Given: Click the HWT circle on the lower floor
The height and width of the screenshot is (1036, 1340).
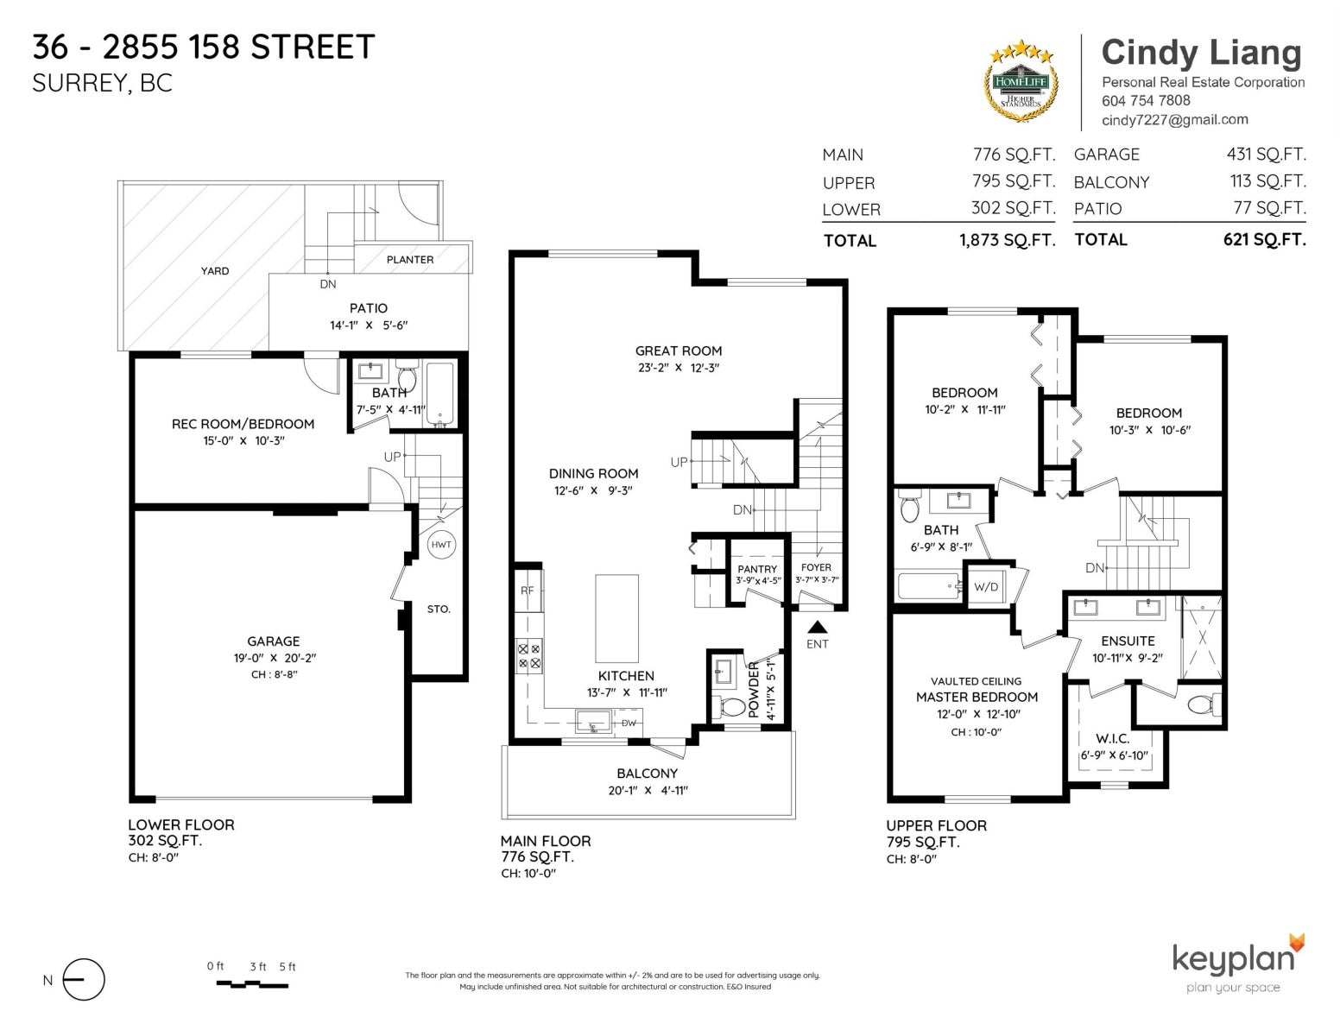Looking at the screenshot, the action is [x=441, y=544].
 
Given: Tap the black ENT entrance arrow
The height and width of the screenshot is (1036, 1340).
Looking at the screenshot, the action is [x=817, y=627].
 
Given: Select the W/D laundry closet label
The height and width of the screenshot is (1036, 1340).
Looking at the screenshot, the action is [x=985, y=587].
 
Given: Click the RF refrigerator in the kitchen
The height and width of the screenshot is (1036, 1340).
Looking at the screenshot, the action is [x=528, y=591].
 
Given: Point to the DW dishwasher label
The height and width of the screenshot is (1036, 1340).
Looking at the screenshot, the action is [x=629, y=723].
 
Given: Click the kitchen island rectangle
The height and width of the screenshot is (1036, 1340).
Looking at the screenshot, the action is [x=616, y=618].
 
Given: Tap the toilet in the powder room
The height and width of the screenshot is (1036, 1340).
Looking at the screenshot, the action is [x=730, y=706].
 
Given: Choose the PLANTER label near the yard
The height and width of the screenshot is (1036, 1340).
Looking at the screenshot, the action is [x=409, y=260].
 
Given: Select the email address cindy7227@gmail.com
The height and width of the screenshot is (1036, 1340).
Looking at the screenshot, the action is [x=1175, y=119].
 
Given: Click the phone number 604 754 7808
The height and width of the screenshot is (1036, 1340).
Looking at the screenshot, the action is [x=1146, y=100].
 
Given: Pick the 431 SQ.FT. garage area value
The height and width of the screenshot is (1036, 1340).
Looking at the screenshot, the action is [x=1266, y=154].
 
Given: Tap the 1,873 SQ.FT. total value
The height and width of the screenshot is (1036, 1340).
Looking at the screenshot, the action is [x=1007, y=240].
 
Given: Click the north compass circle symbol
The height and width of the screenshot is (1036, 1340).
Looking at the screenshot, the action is [x=84, y=979].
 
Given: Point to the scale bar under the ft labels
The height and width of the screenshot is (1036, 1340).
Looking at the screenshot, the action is [x=252, y=985].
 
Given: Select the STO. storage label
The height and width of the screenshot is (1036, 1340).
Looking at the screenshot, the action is [x=439, y=609].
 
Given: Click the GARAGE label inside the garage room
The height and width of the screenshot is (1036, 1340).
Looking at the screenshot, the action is [x=273, y=641].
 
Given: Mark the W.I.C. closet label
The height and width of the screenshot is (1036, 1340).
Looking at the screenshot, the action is [x=1112, y=738].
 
